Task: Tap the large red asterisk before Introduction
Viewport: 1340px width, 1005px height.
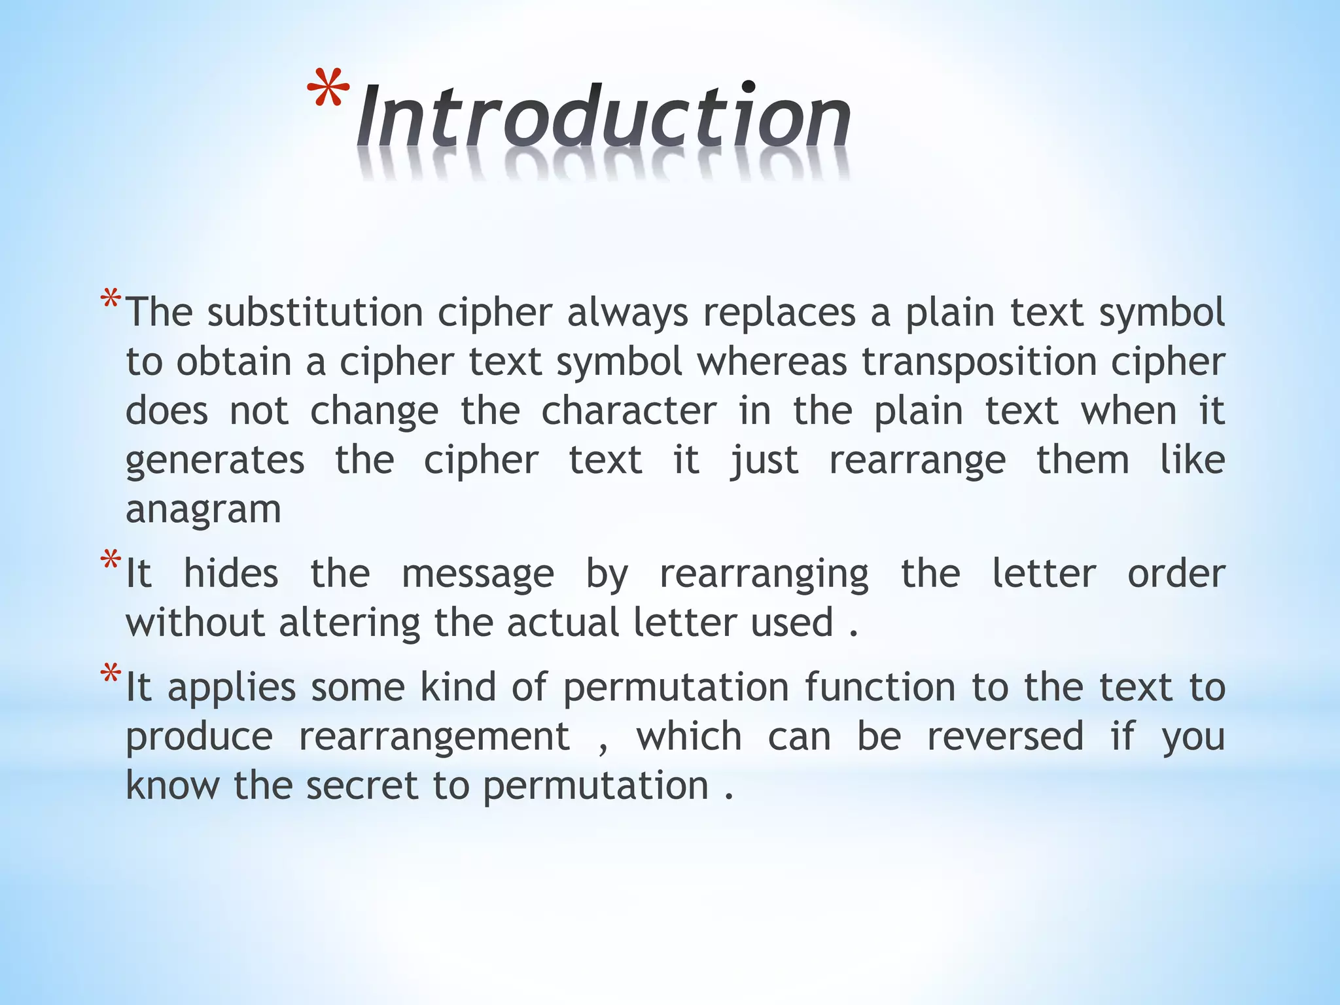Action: pos(328,88)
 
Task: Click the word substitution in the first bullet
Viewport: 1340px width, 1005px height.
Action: pos(315,312)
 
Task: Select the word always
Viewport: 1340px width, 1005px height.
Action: pos(627,313)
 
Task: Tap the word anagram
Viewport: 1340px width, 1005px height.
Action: pos(203,510)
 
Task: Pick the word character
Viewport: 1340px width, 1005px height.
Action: pos(628,411)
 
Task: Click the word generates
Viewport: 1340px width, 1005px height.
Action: pos(215,461)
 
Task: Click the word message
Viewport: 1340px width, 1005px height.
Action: pos(478,574)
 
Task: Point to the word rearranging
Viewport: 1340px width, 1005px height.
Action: pos(764,574)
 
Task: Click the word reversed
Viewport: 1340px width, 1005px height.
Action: pos(1006,736)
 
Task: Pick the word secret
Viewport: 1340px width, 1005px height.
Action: pos(361,785)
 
